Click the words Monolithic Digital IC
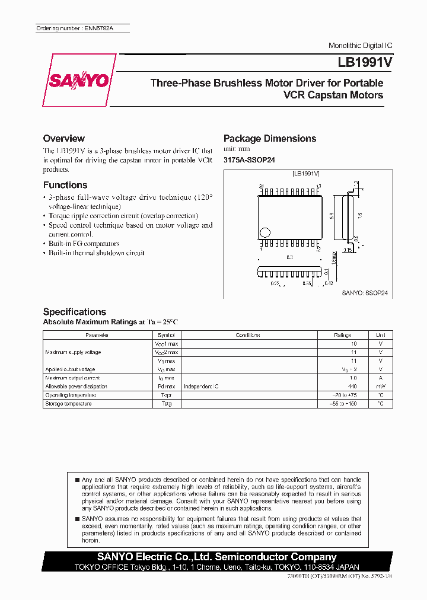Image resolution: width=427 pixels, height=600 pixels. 360,46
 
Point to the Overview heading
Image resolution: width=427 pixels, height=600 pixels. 64,139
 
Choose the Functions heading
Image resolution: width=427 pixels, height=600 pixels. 65,185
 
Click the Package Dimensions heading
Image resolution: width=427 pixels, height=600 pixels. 270,139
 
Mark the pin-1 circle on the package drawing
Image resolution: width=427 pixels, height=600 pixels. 266,232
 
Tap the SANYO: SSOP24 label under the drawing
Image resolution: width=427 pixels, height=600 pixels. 364,293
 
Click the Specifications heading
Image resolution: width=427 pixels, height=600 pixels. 75,312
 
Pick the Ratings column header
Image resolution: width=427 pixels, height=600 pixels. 342,335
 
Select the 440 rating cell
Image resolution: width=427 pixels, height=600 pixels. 353,387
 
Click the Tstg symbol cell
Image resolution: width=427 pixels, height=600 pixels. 166,404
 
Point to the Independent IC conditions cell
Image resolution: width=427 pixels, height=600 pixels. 201,387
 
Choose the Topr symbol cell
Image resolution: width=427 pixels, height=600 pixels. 166,395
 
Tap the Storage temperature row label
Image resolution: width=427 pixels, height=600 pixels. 68,404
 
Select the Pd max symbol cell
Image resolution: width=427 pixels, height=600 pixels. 166,387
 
